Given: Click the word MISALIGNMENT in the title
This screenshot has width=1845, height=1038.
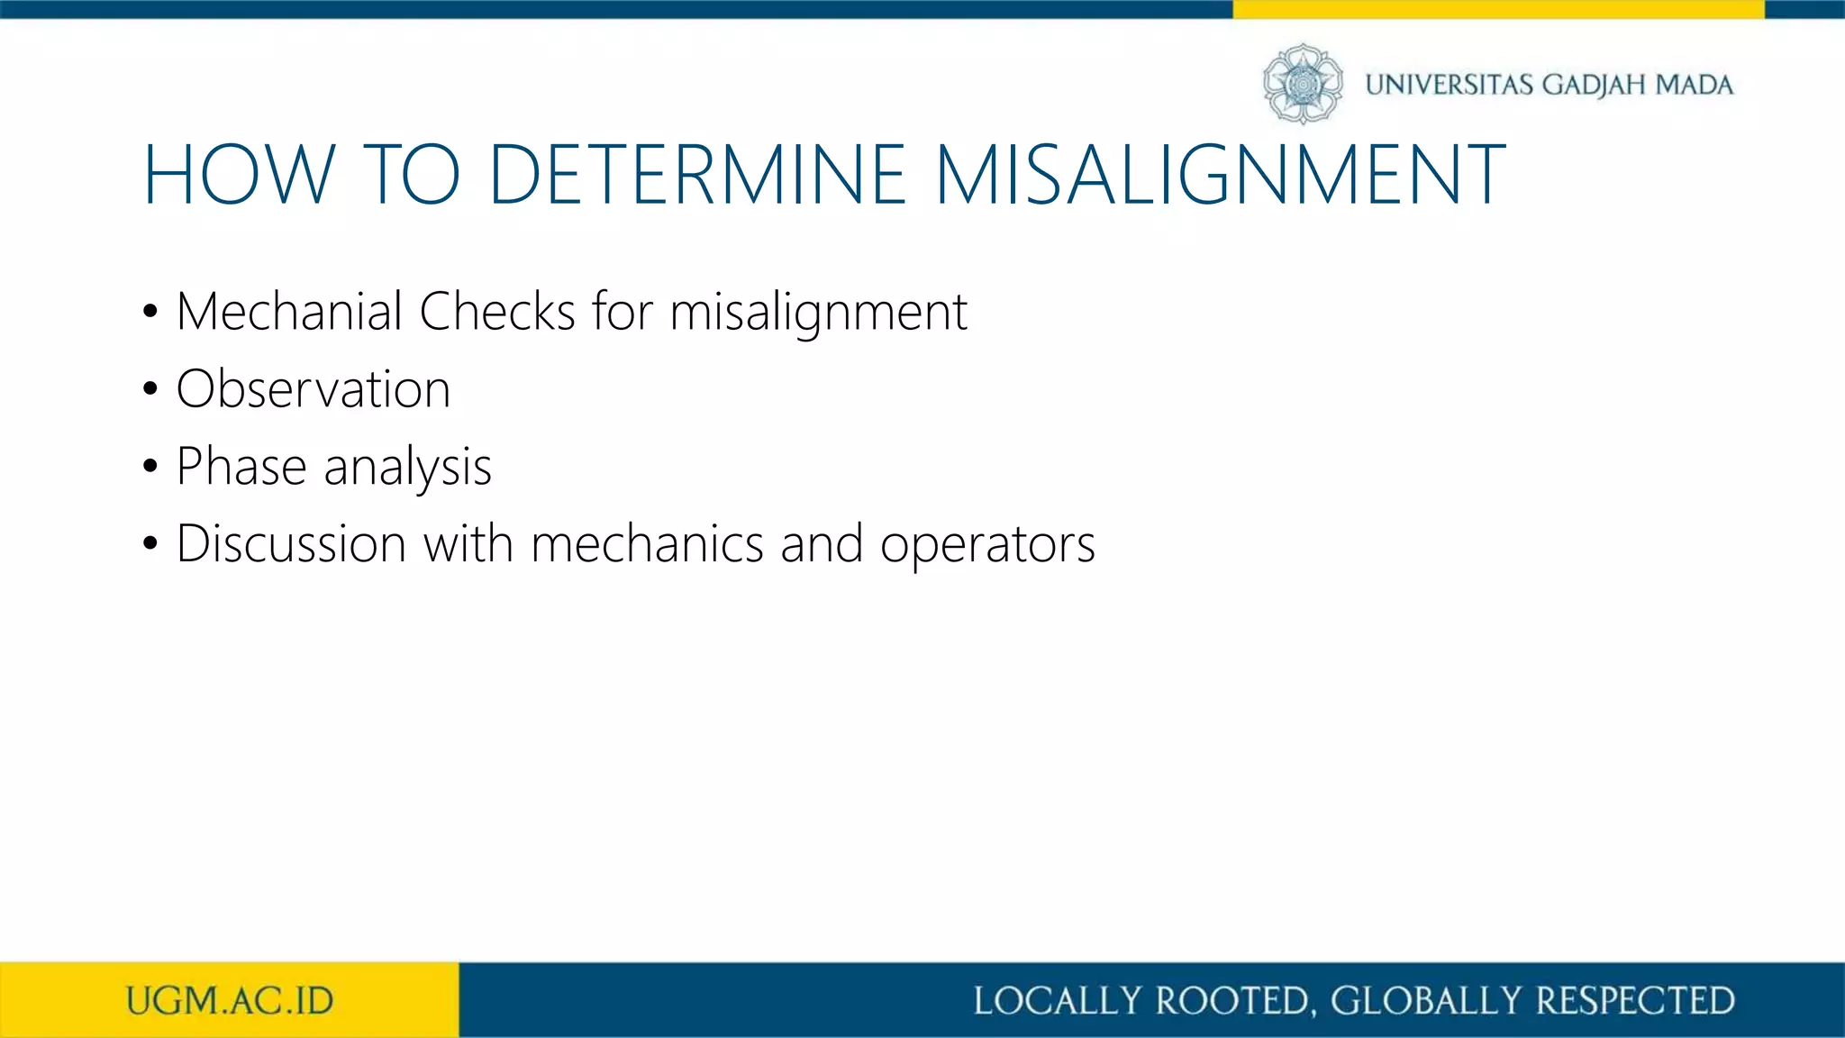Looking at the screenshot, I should coord(1220,175).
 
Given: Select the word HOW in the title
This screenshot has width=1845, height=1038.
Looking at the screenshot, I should coord(240,175).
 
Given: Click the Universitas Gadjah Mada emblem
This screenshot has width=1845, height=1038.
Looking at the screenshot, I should coord(1303,84).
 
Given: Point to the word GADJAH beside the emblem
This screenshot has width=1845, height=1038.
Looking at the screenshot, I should coord(1594,85).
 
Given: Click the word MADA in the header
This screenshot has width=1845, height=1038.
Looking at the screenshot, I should coord(1695,85).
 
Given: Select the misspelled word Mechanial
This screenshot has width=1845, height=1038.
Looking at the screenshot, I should coord(289,312).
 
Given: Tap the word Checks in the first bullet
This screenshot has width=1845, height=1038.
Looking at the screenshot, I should coord(496,312).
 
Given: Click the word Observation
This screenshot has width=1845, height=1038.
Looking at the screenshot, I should coord(313,389).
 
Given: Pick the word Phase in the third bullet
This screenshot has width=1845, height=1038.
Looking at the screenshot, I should coord(241,467).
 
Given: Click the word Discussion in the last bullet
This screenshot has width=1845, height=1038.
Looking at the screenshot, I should coord(291,544).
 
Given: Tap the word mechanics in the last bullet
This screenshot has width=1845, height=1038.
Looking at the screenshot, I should coord(647,544).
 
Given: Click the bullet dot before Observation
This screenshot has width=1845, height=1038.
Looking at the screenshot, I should coord(150,390).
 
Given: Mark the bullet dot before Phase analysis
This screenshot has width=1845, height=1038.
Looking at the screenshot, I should coord(150,468).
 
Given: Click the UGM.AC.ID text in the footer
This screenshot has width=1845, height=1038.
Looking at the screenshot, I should coord(230,1001).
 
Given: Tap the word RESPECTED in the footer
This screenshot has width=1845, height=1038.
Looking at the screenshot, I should coord(1635,1001).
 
